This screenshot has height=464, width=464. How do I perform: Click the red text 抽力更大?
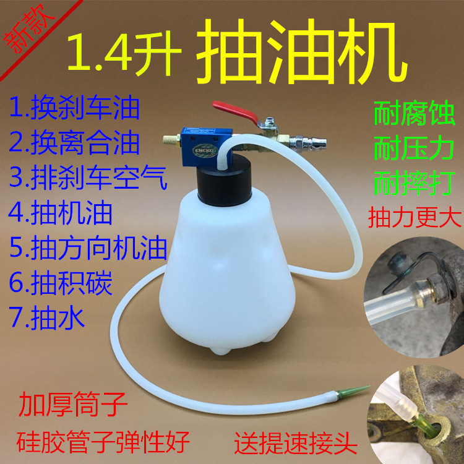click(412, 217)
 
